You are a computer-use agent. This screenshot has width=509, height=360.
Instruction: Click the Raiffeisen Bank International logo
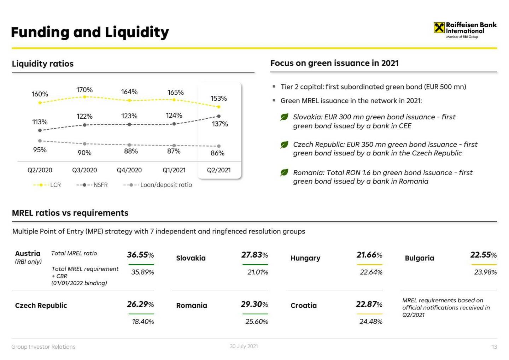point(465,29)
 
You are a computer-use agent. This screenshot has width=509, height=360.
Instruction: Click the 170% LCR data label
point(84,90)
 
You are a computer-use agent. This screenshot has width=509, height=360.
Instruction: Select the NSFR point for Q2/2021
point(219,116)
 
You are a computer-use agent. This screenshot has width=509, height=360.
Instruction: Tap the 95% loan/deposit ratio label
point(40,150)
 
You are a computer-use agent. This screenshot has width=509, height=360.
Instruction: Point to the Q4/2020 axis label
point(129,170)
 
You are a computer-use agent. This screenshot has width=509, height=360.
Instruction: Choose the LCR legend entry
point(47,185)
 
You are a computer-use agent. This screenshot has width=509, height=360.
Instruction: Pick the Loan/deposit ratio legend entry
point(158,185)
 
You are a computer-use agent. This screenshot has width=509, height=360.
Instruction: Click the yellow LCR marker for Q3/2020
point(84,97)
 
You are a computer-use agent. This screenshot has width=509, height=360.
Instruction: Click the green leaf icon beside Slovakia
point(284,117)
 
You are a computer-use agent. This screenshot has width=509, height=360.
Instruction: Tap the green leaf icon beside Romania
point(284,173)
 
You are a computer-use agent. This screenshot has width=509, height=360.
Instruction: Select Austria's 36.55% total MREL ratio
point(140,255)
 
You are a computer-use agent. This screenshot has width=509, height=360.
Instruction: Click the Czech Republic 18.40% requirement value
point(143,321)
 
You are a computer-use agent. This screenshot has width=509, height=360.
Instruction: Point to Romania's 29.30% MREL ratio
point(255,304)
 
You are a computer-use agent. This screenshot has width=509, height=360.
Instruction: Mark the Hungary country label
point(305,258)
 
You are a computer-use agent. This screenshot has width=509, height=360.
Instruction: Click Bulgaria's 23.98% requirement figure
point(485,272)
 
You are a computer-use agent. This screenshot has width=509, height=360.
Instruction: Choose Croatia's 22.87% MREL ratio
point(369,304)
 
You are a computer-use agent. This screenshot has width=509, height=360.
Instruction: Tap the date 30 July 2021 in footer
point(244,346)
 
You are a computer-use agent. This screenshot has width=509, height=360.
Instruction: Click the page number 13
point(494,347)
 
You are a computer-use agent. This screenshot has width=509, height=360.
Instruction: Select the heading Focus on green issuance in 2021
point(334,63)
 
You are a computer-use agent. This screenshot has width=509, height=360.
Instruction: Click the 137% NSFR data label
point(220,124)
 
